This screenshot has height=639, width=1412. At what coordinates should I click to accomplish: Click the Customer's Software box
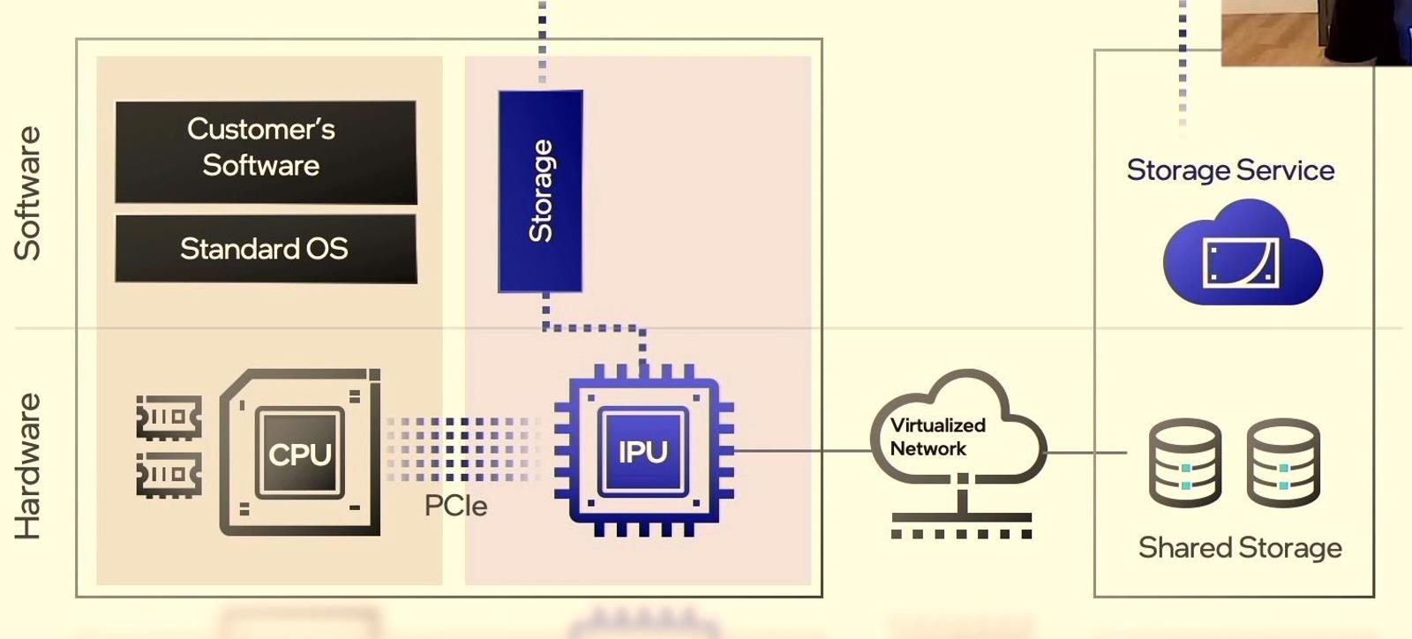[x=265, y=151]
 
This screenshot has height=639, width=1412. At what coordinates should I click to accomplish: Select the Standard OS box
[x=265, y=249]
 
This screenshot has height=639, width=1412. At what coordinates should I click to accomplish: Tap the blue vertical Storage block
[x=540, y=191]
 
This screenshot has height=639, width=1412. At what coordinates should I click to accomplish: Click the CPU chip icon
[x=300, y=453]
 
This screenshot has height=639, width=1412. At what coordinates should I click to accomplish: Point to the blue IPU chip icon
[x=643, y=451]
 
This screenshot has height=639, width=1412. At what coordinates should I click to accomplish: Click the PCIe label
[x=455, y=506]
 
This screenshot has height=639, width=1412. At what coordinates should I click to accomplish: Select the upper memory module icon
[x=169, y=417]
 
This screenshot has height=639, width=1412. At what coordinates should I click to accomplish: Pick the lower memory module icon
[x=169, y=475]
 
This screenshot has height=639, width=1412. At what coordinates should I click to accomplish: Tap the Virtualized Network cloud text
[x=937, y=437]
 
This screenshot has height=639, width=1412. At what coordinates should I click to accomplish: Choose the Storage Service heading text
[x=1230, y=169]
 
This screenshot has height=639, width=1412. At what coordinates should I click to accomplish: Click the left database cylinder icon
[x=1185, y=462]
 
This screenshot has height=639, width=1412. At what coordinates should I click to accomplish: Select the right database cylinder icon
[x=1283, y=462]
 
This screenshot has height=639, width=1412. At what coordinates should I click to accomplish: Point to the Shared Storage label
[x=1240, y=548]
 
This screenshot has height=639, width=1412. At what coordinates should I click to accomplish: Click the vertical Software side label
[x=27, y=193]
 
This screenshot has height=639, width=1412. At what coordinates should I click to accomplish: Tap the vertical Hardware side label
[x=27, y=466]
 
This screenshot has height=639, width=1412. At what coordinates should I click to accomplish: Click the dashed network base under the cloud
[x=961, y=533]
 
